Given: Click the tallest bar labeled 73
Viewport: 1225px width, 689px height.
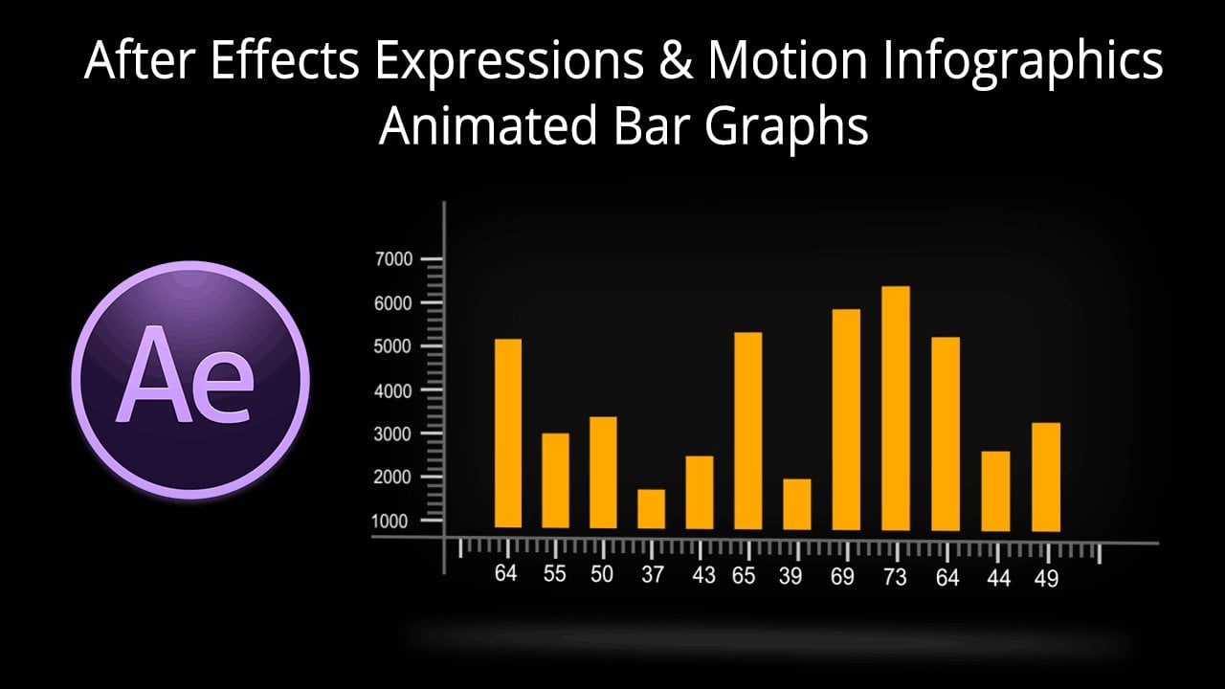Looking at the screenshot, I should pyautogui.click(x=895, y=409).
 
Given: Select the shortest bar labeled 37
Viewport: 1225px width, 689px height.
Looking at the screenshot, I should pyautogui.click(x=651, y=509).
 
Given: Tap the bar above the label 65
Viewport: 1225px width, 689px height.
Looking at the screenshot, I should pyautogui.click(x=747, y=431).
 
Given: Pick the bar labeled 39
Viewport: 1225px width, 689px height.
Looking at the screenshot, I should pyautogui.click(x=796, y=504).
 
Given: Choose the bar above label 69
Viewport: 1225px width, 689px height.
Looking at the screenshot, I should pyautogui.click(x=846, y=419).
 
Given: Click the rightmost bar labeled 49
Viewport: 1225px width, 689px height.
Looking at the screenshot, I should pyautogui.click(x=1045, y=477).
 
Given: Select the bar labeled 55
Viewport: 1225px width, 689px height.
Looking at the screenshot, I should pyautogui.click(x=555, y=480).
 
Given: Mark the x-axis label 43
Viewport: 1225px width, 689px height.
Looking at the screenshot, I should pyautogui.click(x=702, y=576).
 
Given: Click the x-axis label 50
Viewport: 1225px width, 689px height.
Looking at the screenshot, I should pyautogui.click(x=602, y=574).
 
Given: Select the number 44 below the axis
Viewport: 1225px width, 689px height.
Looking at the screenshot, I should pyautogui.click(x=997, y=578).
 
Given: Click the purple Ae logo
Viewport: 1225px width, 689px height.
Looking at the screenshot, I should pyautogui.click(x=190, y=379).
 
